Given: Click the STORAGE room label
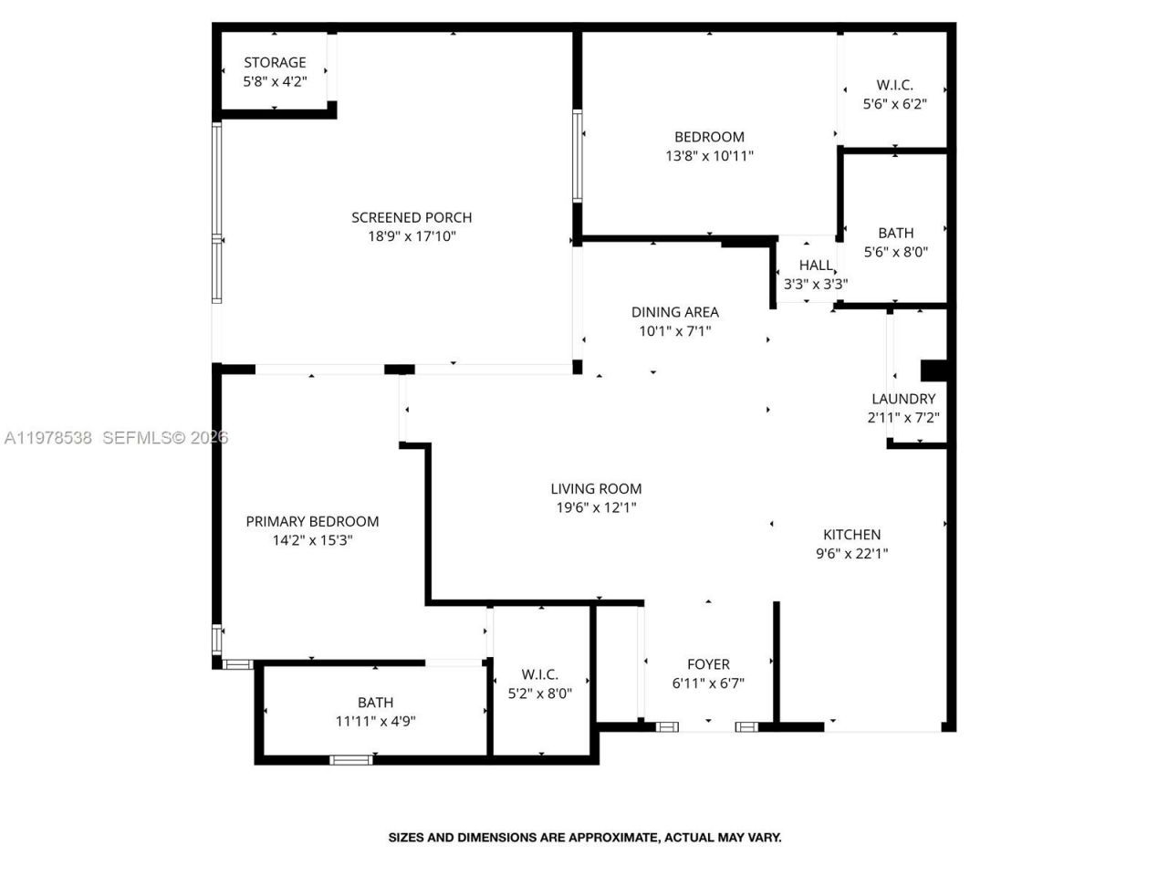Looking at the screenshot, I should point(275,62).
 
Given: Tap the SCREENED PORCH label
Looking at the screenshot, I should point(412,217).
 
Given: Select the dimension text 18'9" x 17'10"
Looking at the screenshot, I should point(412,236).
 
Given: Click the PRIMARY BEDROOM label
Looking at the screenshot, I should point(312,521).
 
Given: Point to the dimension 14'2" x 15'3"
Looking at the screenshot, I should point(312,540).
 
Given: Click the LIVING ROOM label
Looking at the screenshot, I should point(596,488).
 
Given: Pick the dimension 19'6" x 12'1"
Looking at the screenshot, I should point(596,507).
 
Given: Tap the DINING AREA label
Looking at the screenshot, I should point(674,312).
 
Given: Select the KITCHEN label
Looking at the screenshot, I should point(851,534).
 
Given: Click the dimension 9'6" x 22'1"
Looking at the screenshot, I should point(851,553).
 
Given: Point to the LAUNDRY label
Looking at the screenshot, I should point(902,399).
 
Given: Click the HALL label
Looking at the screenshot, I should point(815,266).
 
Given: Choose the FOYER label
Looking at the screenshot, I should point(708,664).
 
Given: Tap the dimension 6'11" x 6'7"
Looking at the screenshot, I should point(708,683).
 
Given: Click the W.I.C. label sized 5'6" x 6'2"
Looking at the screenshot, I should point(894,85).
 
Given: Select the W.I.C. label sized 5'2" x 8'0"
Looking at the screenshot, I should point(539,674).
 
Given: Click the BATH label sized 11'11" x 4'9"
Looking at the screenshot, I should point(375,702).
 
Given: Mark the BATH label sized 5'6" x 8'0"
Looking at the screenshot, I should point(895,233).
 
